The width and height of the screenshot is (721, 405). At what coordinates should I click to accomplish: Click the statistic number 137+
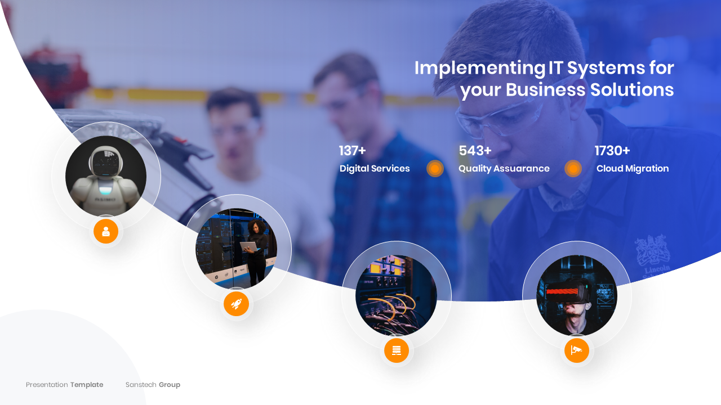pyautogui.click(x=352, y=151)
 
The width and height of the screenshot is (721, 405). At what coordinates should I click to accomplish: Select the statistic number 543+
pyautogui.click(x=475, y=151)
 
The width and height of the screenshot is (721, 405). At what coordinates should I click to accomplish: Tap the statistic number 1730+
pyautogui.click(x=612, y=151)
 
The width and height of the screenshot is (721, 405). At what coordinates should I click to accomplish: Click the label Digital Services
pyautogui.click(x=375, y=169)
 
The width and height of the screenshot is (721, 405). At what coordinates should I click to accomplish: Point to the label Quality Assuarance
pyautogui.click(x=504, y=169)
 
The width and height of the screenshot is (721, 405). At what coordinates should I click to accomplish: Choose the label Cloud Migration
pyautogui.click(x=633, y=169)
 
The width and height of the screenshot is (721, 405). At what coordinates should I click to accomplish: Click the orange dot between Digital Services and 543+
pyautogui.click(x=435, y=169)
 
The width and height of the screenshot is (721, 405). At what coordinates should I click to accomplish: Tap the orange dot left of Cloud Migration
pyautogui.click(x=573, y=169)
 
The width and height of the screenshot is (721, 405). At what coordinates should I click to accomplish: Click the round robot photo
pyautogui.click(x=106, y=176)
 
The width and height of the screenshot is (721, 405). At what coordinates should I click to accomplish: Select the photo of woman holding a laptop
pyautogui.click(x=236, y=249)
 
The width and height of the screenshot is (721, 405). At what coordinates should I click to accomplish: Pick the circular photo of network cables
pyautogui.click(x=396, y=295)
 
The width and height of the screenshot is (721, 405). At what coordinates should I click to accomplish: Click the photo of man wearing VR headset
pyautogui.click(x=576, y=295)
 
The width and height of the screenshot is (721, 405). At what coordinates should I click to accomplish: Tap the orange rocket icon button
pyautogui.click(x=236, y=304)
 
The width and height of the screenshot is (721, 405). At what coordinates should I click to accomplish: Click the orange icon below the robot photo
pyautogui.click(x=106, y=231)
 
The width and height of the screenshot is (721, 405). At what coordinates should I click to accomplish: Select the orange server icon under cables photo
pyautogui.click(x=397, y=350)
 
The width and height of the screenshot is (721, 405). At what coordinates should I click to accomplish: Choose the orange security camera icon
pyautogui.click(x=576, y=350)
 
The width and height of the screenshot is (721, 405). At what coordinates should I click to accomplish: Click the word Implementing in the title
pyautogui.click(x=479, y=68)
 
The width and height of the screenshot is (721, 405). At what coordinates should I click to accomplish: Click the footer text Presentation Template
pyautogui.click(x=64, y=385)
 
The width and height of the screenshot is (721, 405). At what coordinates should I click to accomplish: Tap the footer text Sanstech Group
pyautogui.click(x=153, y=385)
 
